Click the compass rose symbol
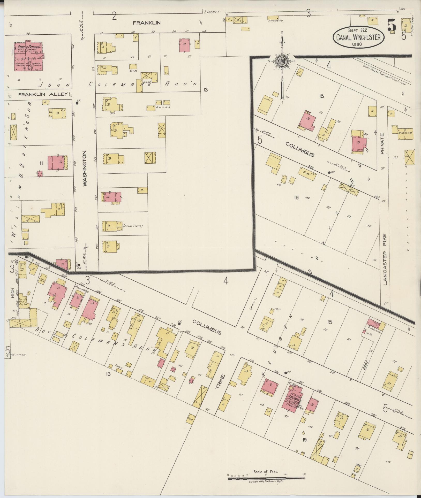282,61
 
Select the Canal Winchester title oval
358,37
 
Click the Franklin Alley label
43,95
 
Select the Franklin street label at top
147,23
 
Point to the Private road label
382,144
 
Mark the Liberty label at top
212,12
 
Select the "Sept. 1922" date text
358,30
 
